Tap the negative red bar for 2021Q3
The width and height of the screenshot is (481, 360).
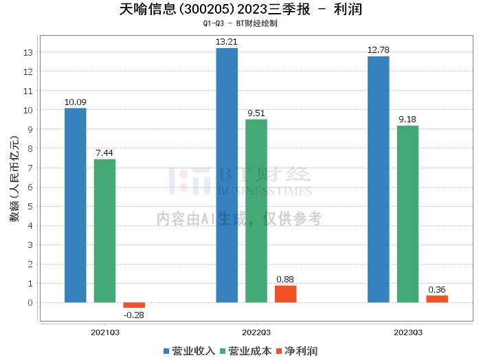click(134, 305)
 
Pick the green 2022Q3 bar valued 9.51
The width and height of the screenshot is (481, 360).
click(256, 210)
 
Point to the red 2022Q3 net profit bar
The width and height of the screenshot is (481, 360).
click(286, 293)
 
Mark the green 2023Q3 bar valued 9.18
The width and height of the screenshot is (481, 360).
click(407, 214)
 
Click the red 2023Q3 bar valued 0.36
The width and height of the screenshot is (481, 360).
click(437, 299)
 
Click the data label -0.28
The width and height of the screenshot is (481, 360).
click(134, 315)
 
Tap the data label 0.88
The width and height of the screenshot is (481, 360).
click(286, 279)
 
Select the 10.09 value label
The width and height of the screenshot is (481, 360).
click(76, 102)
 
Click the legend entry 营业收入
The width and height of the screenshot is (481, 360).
click(189, 351)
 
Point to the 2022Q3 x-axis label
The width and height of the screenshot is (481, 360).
click(256, 332)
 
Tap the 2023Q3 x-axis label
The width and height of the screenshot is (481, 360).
click(407, 332)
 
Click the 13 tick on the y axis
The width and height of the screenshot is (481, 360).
click(28, 52)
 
